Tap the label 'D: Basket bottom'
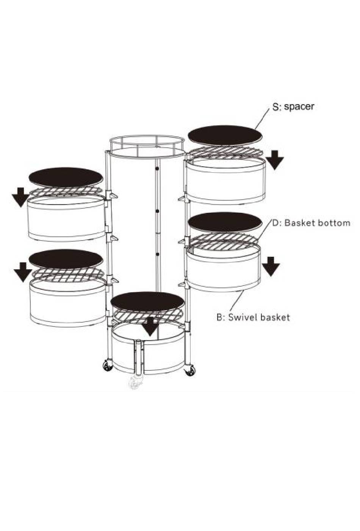tap(311, 223)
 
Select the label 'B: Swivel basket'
tap(253, 317)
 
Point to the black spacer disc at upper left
tap(66, 177)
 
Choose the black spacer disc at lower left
tap(66, 259)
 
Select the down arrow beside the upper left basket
tap(21, 197)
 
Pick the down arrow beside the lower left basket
tap(23, 272)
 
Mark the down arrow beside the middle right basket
tap(271, 267)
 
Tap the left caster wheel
tap(108, 366)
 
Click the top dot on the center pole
tap(157, 168)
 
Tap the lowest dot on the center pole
tap(157, 254)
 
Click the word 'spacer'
tap(299, 107)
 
